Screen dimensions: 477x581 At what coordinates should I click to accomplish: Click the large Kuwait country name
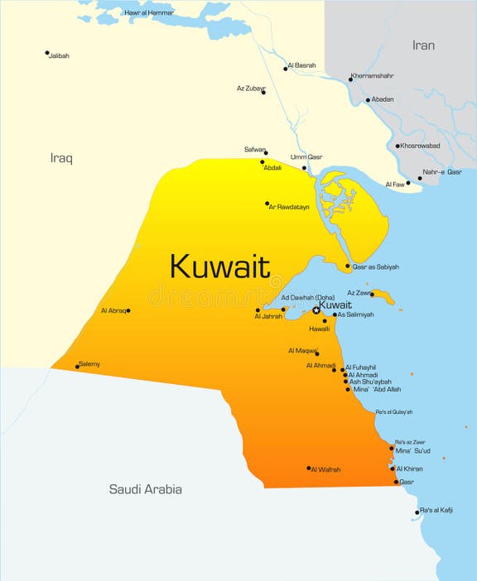(219, 266)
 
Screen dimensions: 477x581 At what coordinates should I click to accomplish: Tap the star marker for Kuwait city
(316, 310)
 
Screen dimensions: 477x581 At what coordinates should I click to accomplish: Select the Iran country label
(423, 46)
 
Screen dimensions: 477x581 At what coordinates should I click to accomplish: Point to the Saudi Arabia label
(146, 489)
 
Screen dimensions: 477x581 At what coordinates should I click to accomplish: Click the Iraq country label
(61, 157)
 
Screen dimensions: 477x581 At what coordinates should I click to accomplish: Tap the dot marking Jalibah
(47, 53)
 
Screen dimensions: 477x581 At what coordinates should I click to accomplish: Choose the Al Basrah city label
(302, 65)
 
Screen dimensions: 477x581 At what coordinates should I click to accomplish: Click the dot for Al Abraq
(128, 310)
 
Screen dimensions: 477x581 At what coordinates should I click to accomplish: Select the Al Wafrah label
(326, 470)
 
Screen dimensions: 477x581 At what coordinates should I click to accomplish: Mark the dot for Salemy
(77, 366)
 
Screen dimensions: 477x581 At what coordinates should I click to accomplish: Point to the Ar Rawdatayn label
(289, 207)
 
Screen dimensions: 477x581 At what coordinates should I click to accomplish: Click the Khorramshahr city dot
(349, 79)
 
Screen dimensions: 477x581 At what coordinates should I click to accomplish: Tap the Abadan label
(383, 100)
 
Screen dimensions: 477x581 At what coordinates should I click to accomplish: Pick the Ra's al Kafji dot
(417, 512)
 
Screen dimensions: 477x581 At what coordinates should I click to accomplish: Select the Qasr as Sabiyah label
(376, 267)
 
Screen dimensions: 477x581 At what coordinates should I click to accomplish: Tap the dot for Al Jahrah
(258, 310)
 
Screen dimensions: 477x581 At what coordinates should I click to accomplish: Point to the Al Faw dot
(407, 183)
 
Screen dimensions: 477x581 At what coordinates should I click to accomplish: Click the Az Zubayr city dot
(263, 92)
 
